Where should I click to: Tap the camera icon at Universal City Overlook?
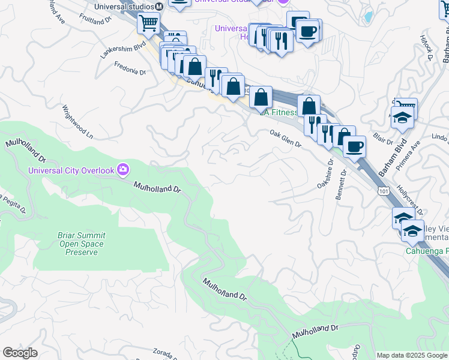click(x=123, y=170)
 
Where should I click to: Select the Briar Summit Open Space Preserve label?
click(x=81, y=244)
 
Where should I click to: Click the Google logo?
click(x=20, y=353)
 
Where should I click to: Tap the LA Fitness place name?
click(x=278, y=112)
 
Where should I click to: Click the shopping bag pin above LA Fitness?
click(x=261, y=97)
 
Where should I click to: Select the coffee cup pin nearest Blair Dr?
click(x=355, y=146)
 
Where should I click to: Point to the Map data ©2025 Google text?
click(x=412, y=355)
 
